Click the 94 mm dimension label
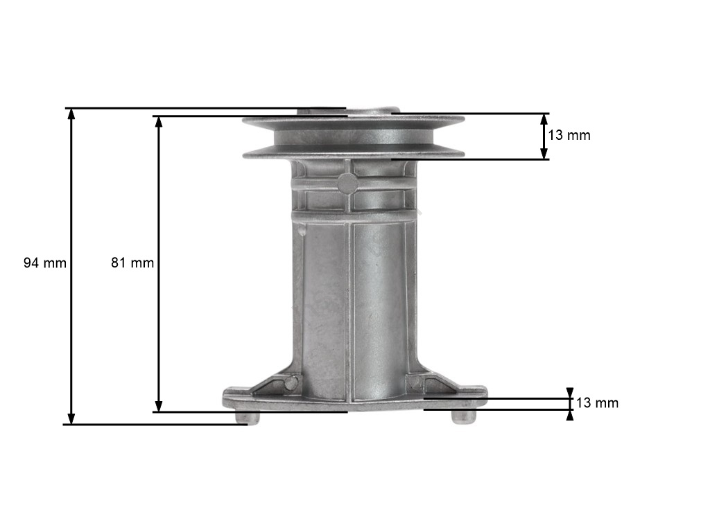point(45,263)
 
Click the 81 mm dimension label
point(132,263)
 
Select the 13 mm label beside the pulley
point(569,135)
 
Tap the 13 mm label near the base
point(597,403)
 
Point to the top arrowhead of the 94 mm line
point(71,114)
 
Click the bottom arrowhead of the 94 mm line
point(71,418)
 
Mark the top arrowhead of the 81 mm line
point(159,122)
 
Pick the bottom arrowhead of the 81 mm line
point(159,406)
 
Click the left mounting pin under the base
point(248,418)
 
